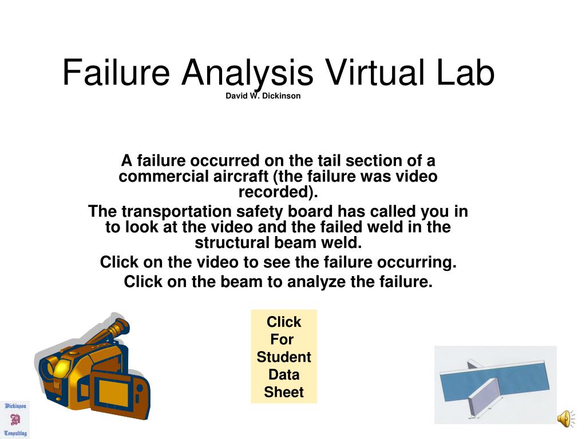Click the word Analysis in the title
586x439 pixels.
247,74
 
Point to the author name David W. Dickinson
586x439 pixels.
263,96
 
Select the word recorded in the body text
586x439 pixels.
277,191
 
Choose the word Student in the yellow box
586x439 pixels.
284,357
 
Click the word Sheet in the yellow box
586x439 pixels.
284,393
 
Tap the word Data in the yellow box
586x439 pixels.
284,375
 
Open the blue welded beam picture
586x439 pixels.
495,385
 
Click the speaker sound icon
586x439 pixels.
565,418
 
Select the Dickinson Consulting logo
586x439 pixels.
15,420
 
